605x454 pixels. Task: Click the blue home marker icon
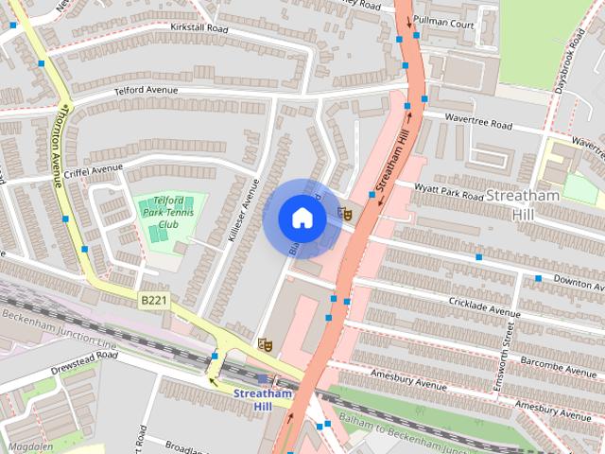tap(302, 218)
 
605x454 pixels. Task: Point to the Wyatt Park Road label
tap(450, 195)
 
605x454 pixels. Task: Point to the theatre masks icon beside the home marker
tap(345, 215)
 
